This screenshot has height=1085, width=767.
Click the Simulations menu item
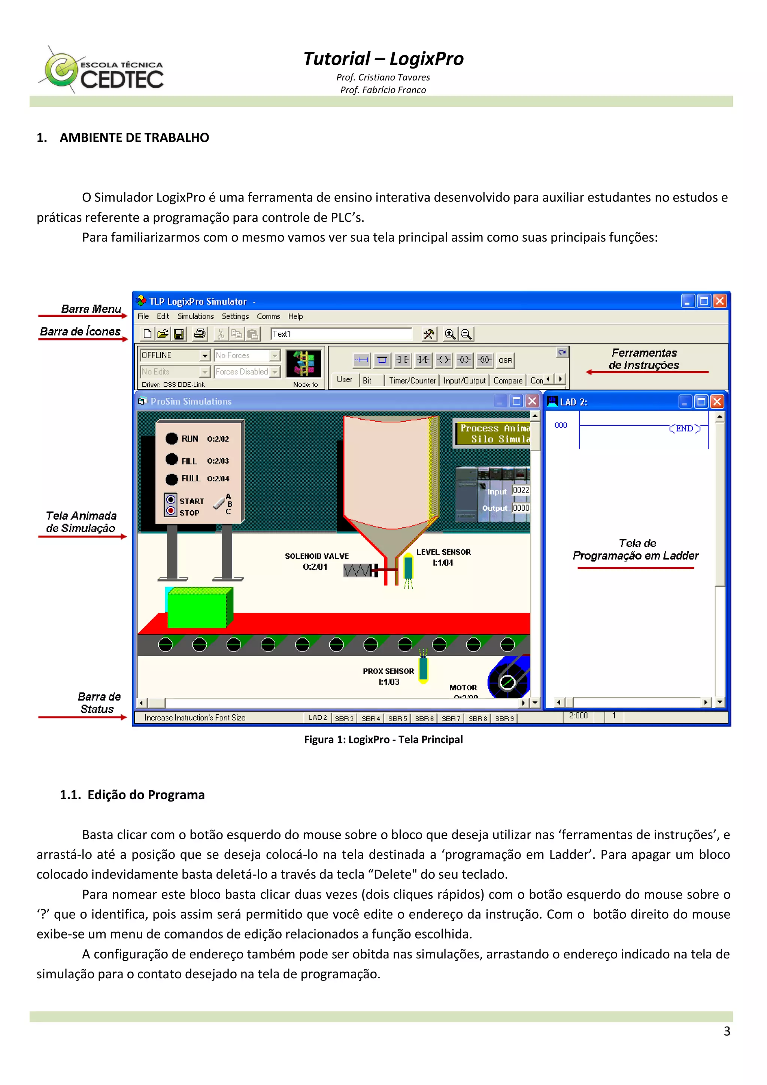pyautogui.click(x=195, y=316)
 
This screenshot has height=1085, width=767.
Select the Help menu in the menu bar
pyautogui.click(x=295, y=316)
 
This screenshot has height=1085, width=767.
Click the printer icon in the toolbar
pyautogui.click(x=200, y=334)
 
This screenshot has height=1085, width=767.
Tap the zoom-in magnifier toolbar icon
pyautogui.click(x=450, y=334)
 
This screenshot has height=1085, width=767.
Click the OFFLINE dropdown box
pyautogui.click(x=174, y=355)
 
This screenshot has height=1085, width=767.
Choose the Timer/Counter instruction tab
pyautogui.click(x=412, y=381)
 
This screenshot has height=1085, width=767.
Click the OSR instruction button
pyautogui.click(x=505, y=360)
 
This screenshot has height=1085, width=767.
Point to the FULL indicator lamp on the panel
pyautogui.click(x=172, y=479)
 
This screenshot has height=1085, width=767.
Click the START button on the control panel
pyautogui.click(x=171, y=500)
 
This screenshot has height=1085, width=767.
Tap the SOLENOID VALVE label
pyautogui.click(x=316, y=556)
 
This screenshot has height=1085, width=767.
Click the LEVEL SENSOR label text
pyautogui.click(x=443, y=552)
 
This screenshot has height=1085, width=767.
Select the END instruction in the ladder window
pyautogui.click(x=684, y=428)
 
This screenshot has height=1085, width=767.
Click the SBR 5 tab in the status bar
pyautogui.click(x=397, y=718)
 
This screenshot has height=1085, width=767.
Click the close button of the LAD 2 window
pyautogui.click(x=717, y=401)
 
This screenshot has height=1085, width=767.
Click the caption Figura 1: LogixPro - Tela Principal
pyautogui.click(x=383, y=740)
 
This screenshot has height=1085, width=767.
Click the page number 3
pyautogui.click(x=727, y=1031)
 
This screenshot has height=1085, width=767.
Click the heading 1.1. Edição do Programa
pyautogui.click(x=132, y=795)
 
